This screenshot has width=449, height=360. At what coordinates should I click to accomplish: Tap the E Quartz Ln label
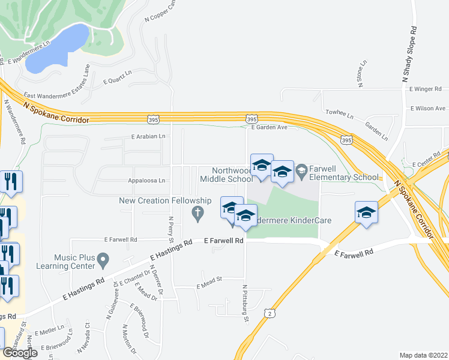click(x=117, y=80)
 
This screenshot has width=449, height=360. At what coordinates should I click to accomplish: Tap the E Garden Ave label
click(x=270, y=127)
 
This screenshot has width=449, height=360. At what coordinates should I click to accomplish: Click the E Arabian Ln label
click(x=148, y=137)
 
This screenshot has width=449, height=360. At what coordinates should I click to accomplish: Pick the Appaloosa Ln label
click(x=146, y=180)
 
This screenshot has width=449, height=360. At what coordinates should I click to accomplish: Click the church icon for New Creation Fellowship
click(x=197, y=213)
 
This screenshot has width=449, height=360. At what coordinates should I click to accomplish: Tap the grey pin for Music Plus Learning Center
click(x=103, y=260)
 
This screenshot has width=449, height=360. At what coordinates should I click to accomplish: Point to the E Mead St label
click(x=209, y=287)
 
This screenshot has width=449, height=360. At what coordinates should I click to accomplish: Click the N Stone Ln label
click(x=362, y=73)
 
